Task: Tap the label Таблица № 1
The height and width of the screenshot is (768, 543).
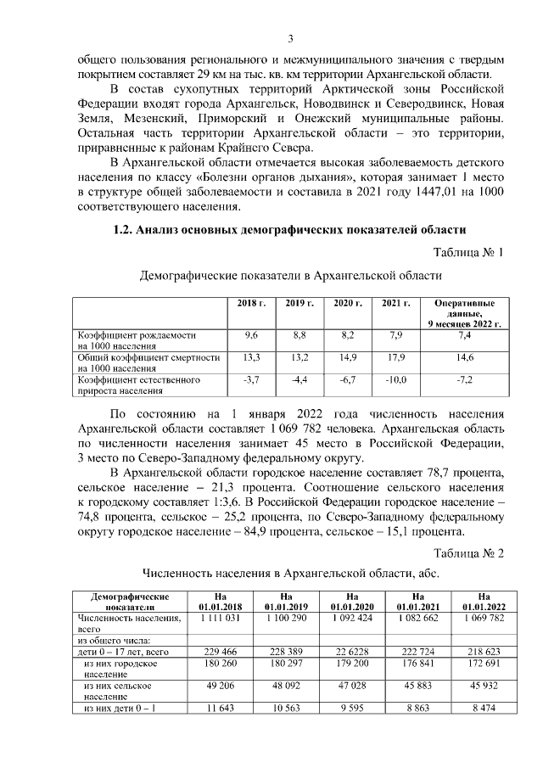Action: tap(468, 253)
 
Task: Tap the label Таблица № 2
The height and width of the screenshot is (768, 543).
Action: tap(468, 552)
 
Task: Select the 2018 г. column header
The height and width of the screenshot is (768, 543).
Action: tap(251, 303)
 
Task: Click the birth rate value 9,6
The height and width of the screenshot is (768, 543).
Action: tap(251, 336)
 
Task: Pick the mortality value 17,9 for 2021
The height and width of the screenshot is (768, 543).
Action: tap(395, 358)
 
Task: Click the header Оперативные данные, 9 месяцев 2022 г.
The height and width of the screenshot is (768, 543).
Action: tap(465, 313)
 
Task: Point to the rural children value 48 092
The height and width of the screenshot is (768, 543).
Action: tap(286, 685)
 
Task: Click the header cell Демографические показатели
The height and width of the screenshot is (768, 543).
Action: tap(130, 602)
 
